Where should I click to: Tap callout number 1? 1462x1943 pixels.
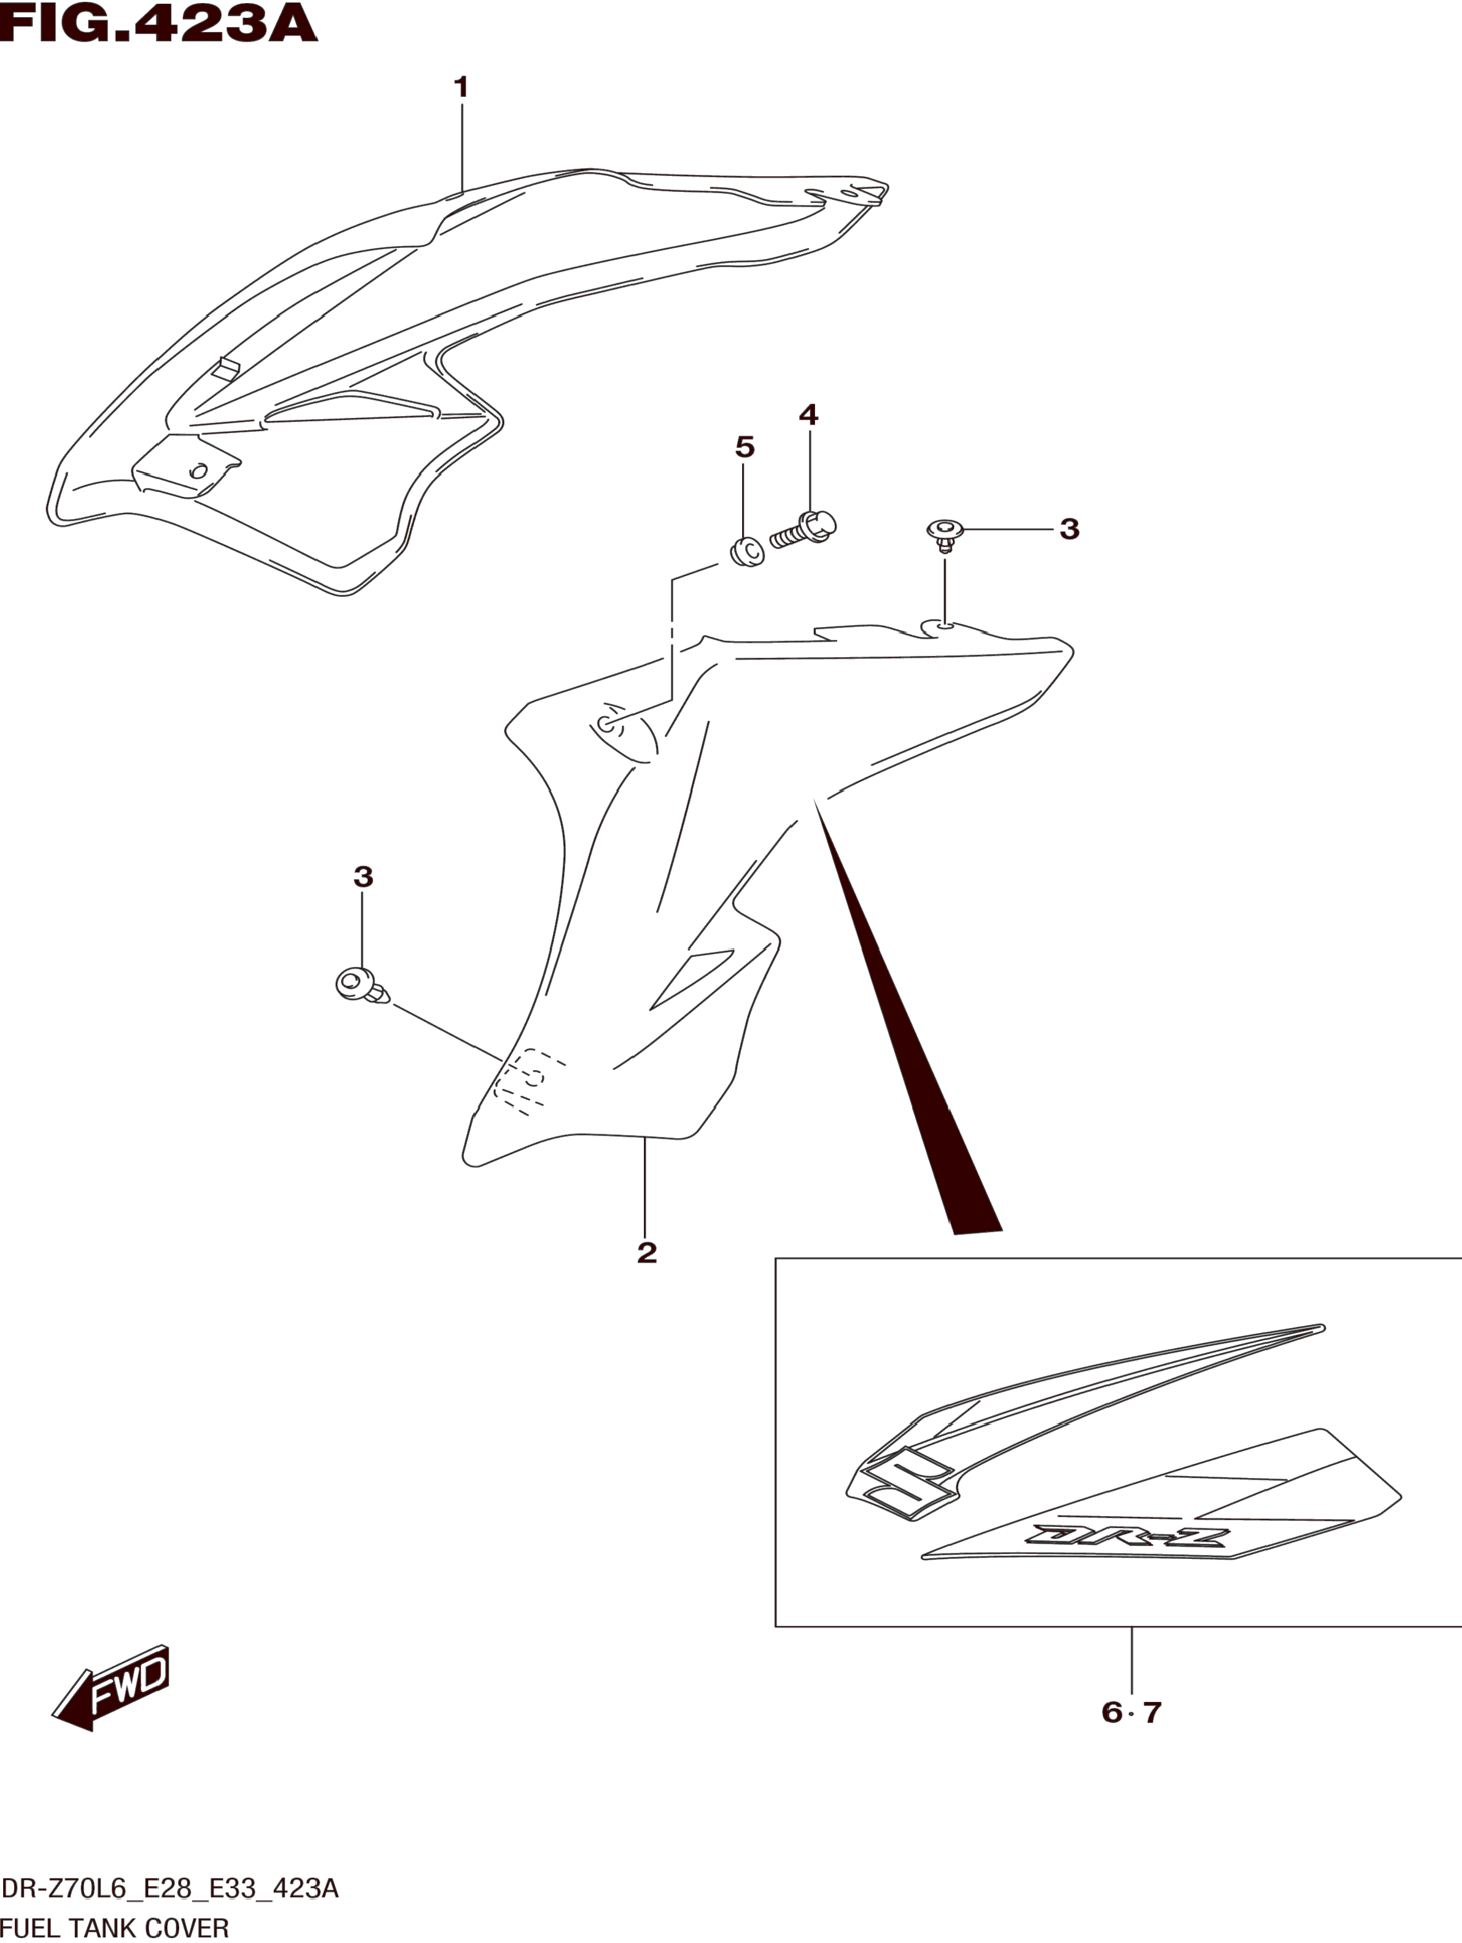point(460,88)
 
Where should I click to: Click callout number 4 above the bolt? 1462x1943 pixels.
point(808,415)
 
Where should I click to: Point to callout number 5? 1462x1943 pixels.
point(744,447)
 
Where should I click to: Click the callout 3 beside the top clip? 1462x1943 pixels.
point(1069,529)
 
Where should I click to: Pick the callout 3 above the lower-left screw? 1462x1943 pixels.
point(363,877)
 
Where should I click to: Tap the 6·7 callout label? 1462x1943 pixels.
point(1132,1712)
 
